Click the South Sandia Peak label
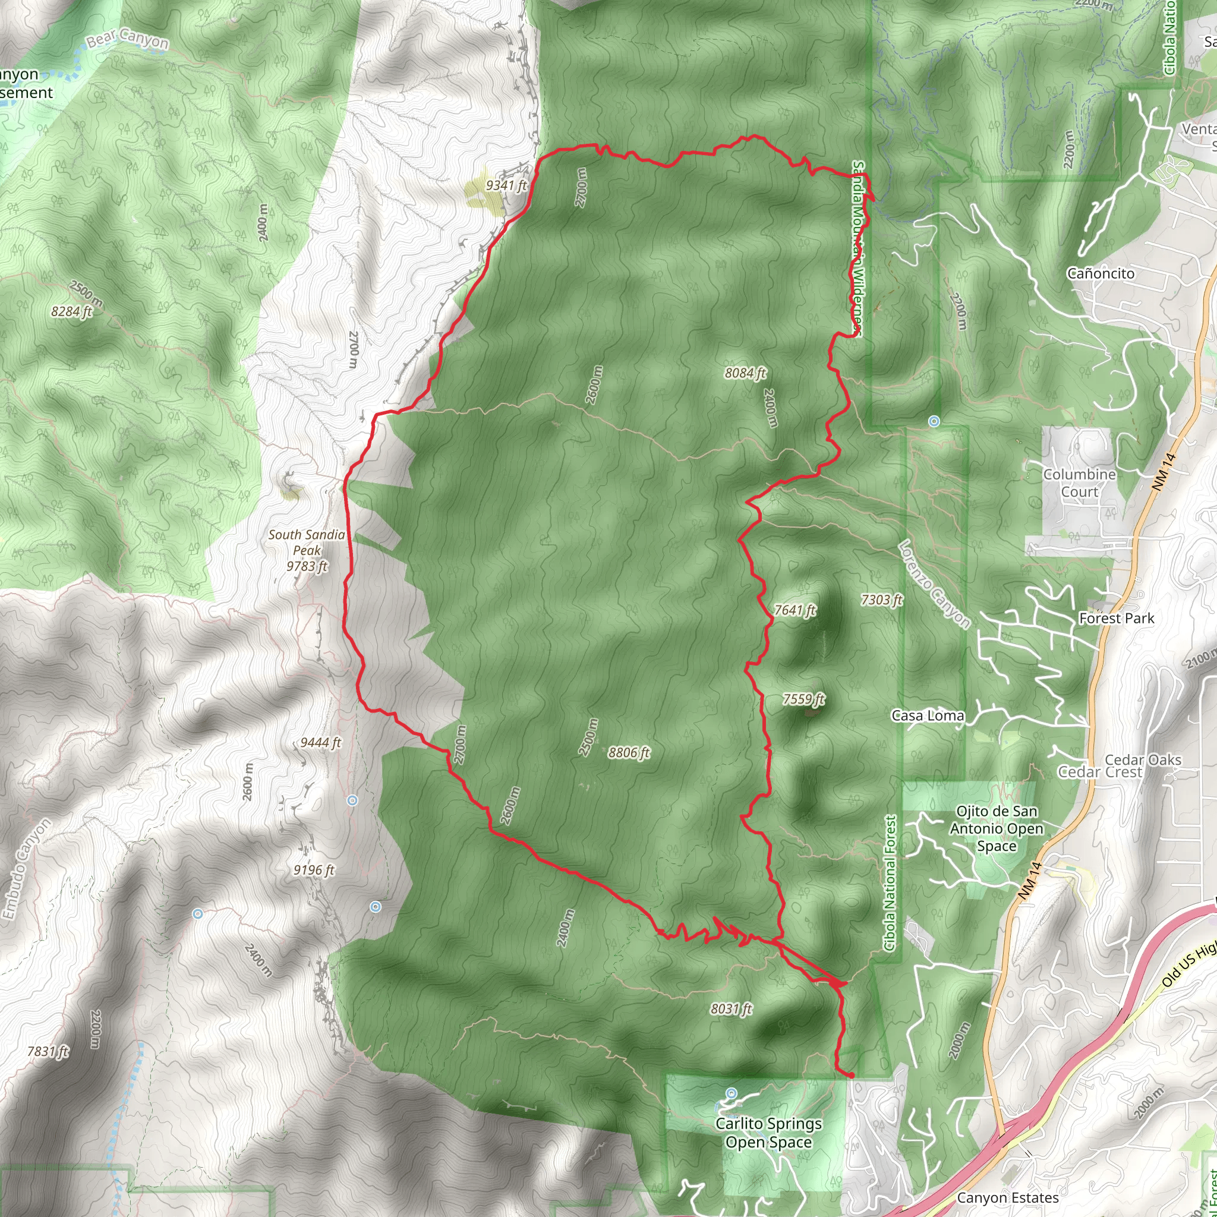[307, 550]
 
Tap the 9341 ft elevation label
[506, 185]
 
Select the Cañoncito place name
[1101, 273]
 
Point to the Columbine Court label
[1080, 483]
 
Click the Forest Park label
[1117, 619]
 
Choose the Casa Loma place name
[927, 715]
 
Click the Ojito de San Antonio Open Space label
[997, 829]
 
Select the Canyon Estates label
[1008, 1197]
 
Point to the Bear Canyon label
[128, 41]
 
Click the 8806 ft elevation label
[629, 752]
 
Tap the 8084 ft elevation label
[745, 374]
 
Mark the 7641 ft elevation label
[795, 610]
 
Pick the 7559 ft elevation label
[803, 699]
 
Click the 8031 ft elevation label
[732, 1009]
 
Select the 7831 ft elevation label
[48, 1051]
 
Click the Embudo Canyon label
[25, 872]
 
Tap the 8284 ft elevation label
[72, 311]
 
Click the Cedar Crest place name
[1099, 772]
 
